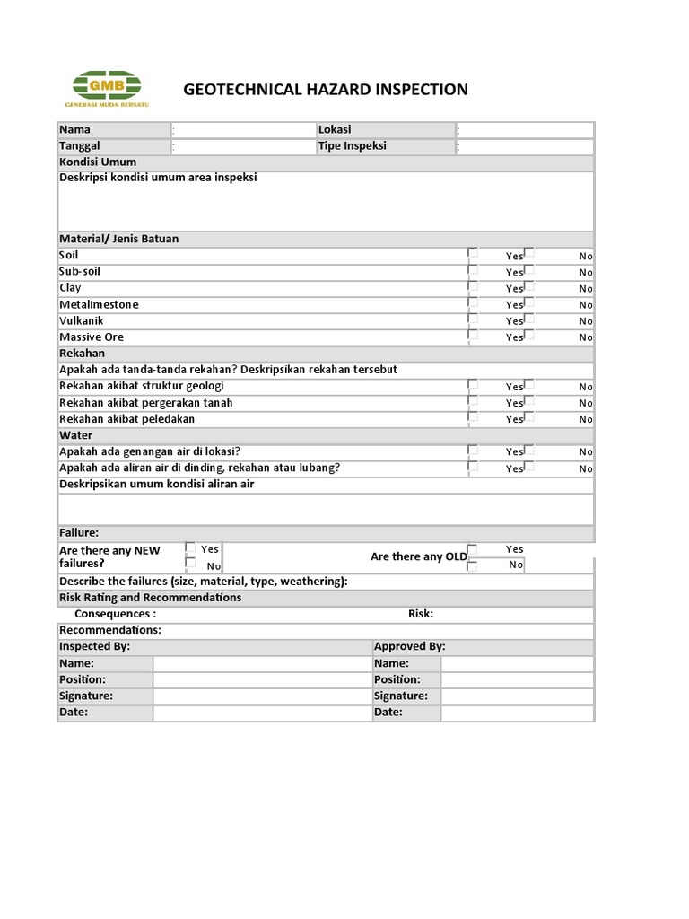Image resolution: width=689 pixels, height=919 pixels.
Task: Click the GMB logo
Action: click(x=109, y=89)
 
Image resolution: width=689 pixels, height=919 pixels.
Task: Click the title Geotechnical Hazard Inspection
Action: click(x=326, y=89)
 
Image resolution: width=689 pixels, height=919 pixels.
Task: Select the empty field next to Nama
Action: click(x=242, y=130)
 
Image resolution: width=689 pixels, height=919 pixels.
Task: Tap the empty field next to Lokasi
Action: click(x=525, y=130)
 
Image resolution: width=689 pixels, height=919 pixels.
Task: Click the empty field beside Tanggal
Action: click(x=242, y=146)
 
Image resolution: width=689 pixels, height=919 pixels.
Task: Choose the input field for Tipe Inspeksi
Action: click(x=525, y=146)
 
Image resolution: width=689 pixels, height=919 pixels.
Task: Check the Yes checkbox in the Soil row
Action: click(x=473, y=254)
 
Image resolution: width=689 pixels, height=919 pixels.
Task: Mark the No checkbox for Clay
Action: click(x=529, y=286)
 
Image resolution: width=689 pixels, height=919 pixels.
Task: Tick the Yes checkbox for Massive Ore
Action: click(x=473, y=335)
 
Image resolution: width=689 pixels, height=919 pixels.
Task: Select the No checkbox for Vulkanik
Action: click(x=529, y=319)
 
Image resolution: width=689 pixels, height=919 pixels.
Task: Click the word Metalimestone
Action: click(x=99, y=304)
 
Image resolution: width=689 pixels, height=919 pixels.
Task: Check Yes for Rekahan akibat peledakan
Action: click(x=473, y=417)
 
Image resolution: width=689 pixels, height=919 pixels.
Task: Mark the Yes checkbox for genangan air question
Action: click(x=473, y=450)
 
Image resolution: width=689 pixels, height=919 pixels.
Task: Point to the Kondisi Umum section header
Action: click(x=98, y=162)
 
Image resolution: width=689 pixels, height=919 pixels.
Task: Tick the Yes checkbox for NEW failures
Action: click(x=190, y=547)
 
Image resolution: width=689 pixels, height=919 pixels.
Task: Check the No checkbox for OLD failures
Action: click(x=473, y=565)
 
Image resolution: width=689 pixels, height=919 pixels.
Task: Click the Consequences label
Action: click(x=116, y=614)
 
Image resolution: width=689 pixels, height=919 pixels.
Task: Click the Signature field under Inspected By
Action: click(x=262, y=696)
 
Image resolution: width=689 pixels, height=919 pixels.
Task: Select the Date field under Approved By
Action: click(x=517, y=713)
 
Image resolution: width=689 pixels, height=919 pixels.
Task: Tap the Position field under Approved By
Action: click(x=517, y=679)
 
